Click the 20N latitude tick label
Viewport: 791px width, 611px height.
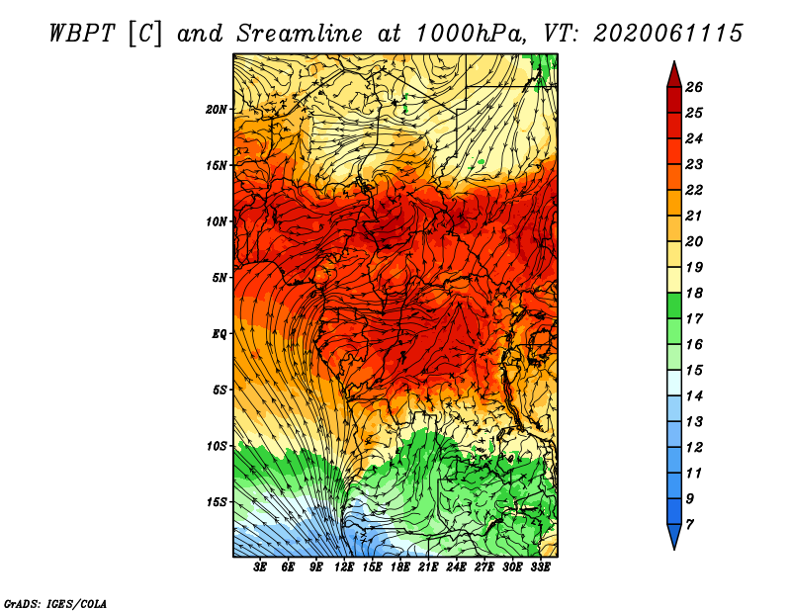click(x=216, y=110)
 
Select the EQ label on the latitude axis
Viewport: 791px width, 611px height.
click(x=220, y=334)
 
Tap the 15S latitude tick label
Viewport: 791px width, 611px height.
click(x=216, y=502)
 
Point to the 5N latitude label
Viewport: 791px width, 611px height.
click(x=220, y=278)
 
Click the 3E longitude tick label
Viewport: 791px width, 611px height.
click(x=260, y=567)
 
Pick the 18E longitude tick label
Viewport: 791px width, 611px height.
click(x=400, y=567)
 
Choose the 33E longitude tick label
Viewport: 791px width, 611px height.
click(x=540, y=567)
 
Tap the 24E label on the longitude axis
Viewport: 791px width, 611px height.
click(x=456, y=567)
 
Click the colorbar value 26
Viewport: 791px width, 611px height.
click(x=694, y=87)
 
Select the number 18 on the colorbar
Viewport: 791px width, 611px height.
click(x=694, y=293)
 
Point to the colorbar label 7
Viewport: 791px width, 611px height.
click(x=689, y=525)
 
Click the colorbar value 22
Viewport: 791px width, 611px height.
click(x=694, y=190)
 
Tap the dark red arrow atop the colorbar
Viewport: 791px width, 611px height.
click(x=674, y=76)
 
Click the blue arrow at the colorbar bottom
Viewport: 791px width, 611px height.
click(x=674, y=535)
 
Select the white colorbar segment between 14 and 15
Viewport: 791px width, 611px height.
click(x=674, y=383)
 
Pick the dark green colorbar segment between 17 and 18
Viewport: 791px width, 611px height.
click(x=674, y=305)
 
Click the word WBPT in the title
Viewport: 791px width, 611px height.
click(x=82, y=34)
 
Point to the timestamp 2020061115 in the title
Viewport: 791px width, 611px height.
click(x=667, y=34)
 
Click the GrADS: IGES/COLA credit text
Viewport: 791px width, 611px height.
click(x=55, y=604)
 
